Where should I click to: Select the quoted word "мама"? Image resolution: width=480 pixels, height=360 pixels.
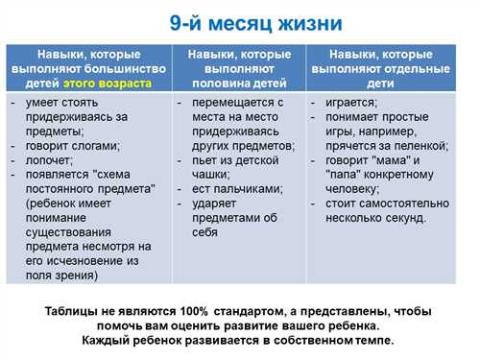tap(391, 160)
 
